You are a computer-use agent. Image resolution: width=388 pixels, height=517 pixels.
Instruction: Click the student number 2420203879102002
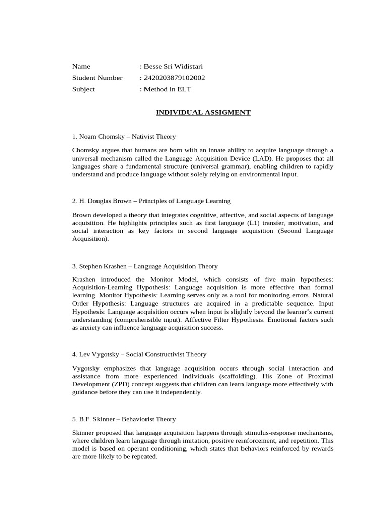174,78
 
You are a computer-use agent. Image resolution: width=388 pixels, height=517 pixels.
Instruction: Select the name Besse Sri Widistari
173,66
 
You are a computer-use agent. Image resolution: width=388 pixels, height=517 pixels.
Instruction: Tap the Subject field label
83,89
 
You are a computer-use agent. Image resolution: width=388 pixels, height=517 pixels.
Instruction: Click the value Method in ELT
168,89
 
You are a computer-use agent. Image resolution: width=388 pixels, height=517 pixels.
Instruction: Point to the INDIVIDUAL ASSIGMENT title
203,112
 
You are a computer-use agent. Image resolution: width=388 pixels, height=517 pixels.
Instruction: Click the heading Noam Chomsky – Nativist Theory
124,137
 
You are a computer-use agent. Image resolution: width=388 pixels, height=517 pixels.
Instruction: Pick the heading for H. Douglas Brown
152,201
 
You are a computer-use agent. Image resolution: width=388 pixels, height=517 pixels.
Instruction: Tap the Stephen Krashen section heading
145,266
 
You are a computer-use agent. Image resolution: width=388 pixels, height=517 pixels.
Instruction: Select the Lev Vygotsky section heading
139,354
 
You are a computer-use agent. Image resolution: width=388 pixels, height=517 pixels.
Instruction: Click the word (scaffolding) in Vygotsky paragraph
232,376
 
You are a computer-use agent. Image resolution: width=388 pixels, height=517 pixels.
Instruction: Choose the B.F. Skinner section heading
124,419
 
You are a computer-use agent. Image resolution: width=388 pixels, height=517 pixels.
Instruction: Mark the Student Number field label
98,78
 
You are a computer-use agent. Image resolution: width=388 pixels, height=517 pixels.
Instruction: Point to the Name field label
81,66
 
